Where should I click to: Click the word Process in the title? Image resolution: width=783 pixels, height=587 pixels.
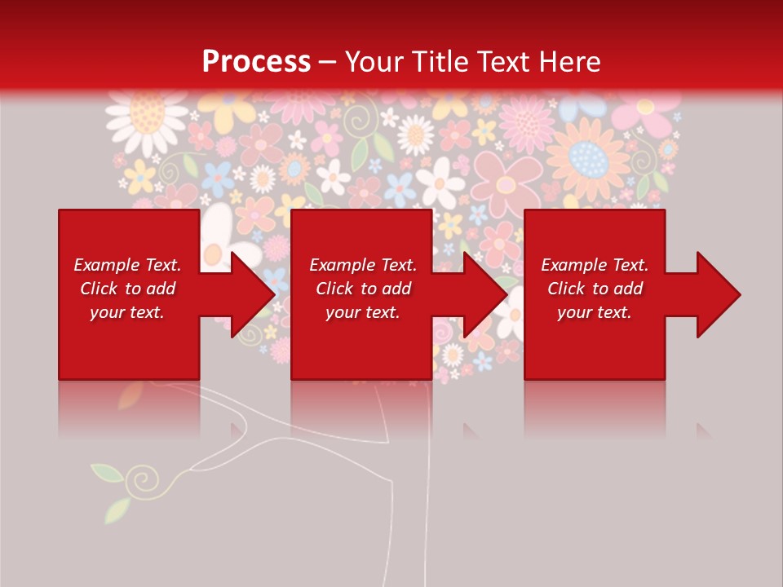(256, 62)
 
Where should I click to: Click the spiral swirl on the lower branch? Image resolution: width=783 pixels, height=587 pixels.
(145, 477)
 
